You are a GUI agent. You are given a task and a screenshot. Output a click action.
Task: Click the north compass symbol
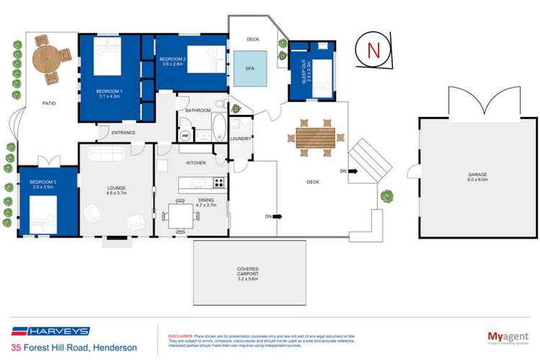373,51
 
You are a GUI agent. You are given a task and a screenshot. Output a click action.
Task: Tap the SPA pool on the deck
249,69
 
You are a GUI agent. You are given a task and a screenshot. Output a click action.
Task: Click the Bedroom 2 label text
173,61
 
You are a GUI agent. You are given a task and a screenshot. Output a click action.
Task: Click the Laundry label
239,139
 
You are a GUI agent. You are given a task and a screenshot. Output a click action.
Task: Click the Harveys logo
49,331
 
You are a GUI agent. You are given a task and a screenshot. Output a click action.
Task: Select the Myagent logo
502,336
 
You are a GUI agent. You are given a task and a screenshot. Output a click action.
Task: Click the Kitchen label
196,164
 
